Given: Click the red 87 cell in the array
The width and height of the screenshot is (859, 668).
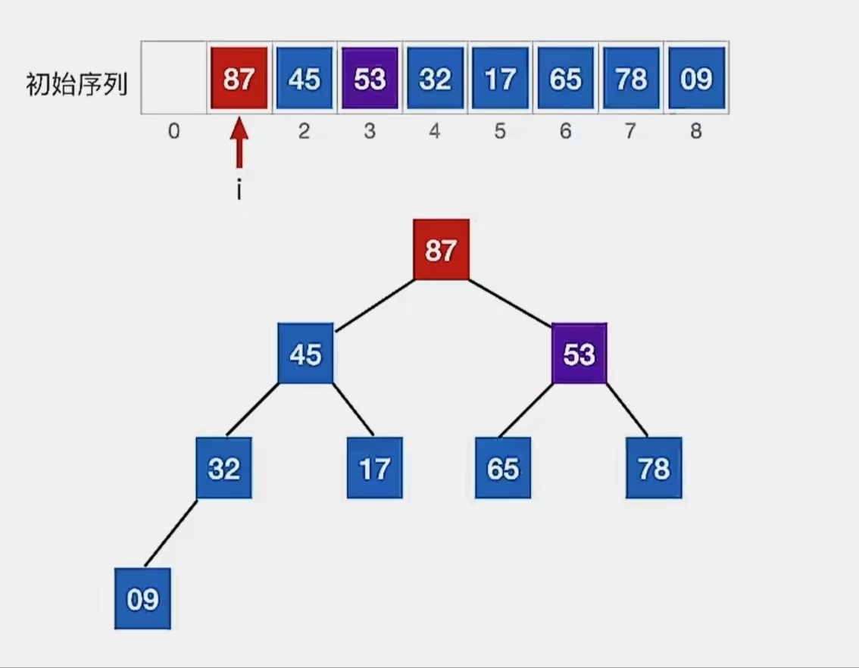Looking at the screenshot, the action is click(x=239, y=78).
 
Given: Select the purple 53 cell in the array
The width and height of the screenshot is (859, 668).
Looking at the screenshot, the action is click(x=370, y=78).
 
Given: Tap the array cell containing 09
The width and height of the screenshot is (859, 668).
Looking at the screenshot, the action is click(x=696, y=78).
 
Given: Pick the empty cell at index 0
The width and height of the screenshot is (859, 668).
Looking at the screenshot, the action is click(x=174, y=78).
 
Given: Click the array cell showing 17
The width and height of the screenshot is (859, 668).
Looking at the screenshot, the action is click(x=500, y=78).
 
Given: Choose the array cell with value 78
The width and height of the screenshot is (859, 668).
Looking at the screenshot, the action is click(x=631, y=78).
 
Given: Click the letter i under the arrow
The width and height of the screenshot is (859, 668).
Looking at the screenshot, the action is click(x=239, y=190).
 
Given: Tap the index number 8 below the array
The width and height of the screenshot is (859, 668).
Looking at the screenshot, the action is click(x=696, y=132).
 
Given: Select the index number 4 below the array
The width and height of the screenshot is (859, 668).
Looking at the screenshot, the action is click(x=435, y=132).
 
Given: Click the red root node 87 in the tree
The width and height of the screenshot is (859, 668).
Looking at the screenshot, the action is click(x=441, y=249).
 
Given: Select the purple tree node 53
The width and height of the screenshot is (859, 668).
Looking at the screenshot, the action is click(x=579, y=354).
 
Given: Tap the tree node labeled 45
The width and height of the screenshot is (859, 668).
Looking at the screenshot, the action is click(x=305, y=354).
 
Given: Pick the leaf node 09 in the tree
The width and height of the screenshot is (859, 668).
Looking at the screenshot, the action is click(x=142, y=598).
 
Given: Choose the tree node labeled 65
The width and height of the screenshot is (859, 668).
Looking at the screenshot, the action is click(x=503, y=468).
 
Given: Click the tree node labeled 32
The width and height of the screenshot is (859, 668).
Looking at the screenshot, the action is click(x=224, y=468).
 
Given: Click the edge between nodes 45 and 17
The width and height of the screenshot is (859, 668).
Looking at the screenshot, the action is click(x=352, y=409).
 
